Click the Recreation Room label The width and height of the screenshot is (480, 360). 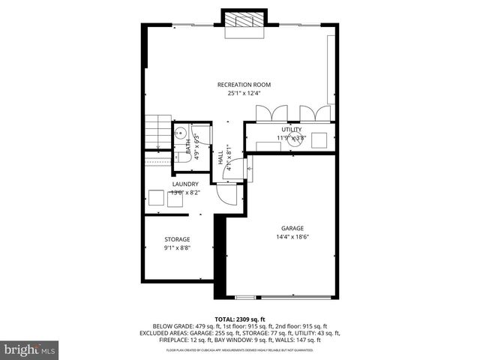[244, 85]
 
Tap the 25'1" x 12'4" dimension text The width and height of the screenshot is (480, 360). [244, 94]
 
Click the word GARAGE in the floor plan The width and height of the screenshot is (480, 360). [292, 228]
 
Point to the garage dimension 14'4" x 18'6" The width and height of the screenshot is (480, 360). [292, 237]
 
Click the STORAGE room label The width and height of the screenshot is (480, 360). [177, 239]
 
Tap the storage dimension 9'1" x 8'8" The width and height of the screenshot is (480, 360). [177, 248]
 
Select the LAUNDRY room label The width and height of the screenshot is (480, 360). [185, 184]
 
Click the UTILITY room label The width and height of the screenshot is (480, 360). [291, 130]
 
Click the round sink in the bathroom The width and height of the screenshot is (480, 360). [180, 133]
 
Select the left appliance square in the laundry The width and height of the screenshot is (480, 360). [156, 198]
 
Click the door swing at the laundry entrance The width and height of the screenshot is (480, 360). [225, 194]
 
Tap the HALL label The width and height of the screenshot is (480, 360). [220, 159]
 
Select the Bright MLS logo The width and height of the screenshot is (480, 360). [30, 349]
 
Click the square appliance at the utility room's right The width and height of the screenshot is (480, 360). [320, 139]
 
